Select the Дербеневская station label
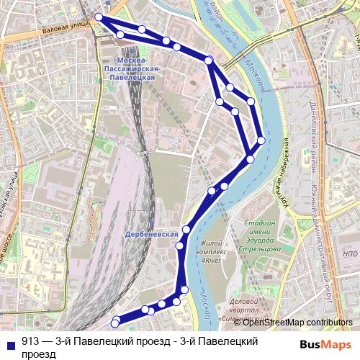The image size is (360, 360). (x=151, y=235)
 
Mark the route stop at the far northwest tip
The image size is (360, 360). (x=99, y=17)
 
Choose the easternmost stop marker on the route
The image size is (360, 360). (x=261, y=140)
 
